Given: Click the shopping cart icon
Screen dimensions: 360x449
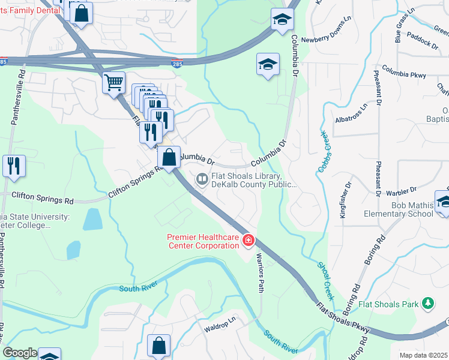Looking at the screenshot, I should pyautogui.click(x=113, y=83).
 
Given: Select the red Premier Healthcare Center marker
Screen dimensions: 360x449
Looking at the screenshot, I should pyautogui.click(x=248, y=241).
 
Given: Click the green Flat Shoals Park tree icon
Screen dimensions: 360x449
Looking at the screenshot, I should pyautogui.click(x=427, y=304).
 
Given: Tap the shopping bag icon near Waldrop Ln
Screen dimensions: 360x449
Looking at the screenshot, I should pyautogui.click(x=158, y=346).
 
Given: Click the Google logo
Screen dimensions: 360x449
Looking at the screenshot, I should pyautogui.click(x=20, y=353).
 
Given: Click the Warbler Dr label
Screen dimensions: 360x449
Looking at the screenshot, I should pyautogui.click(x=402, y=191).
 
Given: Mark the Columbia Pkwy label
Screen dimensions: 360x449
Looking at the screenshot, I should pyautogui.click(x=403, y=72).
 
